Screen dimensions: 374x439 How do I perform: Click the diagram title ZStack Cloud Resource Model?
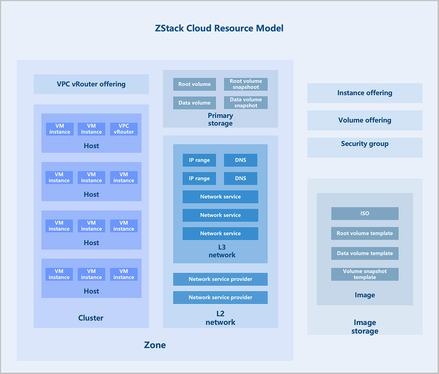point(219,28)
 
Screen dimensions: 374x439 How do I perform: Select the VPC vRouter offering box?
point(91,84)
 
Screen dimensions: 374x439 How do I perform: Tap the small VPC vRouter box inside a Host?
point(124,129)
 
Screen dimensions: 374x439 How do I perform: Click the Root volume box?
point(194,84)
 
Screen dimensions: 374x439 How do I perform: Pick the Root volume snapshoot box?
point(245,84)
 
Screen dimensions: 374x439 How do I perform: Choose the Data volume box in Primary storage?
point(194,103)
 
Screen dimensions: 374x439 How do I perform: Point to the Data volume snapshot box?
point(245,103)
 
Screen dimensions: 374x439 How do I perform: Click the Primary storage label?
point(220,120)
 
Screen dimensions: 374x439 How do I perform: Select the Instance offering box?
point(365,93)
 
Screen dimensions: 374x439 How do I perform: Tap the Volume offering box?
point(365,120)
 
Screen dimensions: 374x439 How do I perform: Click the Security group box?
point(365,144)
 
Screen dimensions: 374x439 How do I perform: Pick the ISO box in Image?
point(365,214)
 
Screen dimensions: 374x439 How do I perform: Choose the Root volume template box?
point(365,233)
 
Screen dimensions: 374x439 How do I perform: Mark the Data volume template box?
point(365,253)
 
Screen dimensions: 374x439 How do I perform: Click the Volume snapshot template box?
point(365,274)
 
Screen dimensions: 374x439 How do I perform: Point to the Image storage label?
point(365,327)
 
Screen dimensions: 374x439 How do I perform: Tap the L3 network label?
point(222,251)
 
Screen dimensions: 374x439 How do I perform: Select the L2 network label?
point(220,318)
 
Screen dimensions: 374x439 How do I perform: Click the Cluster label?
point(91,318)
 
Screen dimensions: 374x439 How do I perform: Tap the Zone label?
point(155,345)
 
